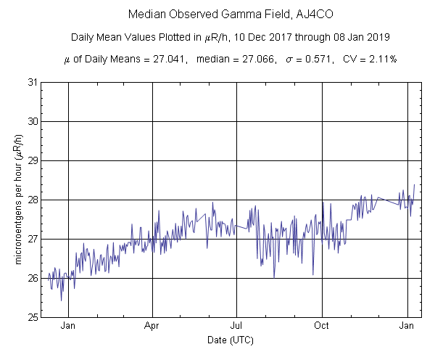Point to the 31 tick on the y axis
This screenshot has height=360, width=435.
[x=33, y=82]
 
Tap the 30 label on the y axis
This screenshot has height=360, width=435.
[x=33, y=121]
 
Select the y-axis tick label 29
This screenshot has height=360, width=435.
[x=33, y=160]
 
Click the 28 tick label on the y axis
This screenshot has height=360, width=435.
[x=33, y=200]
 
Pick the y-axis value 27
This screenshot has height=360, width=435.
[x=33, y=239]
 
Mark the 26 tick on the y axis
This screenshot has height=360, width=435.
[x=33, y=278]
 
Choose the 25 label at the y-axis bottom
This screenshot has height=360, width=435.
[x=33, y=317]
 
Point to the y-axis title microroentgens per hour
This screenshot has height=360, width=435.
[x=17, y=200]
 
